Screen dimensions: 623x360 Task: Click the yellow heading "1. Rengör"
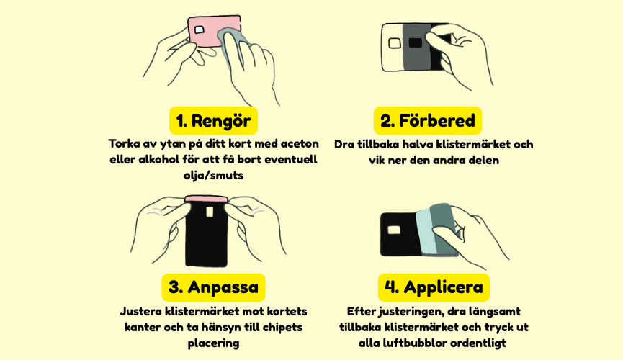click(213, 120)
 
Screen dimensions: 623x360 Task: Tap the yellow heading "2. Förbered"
click(428, 120)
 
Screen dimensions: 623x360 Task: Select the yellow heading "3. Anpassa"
click(213, 287)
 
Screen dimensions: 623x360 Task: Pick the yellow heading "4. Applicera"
click(434, 287)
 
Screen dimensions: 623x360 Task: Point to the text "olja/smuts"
click(213, 175)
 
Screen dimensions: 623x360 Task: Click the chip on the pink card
click(199, 30)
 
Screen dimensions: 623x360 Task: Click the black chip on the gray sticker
click(415, 42)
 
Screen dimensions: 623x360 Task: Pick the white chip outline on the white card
click(395, 43)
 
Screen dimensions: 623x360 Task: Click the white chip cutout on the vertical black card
click(210, 212)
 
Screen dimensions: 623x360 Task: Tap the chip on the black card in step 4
click(394, 230)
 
